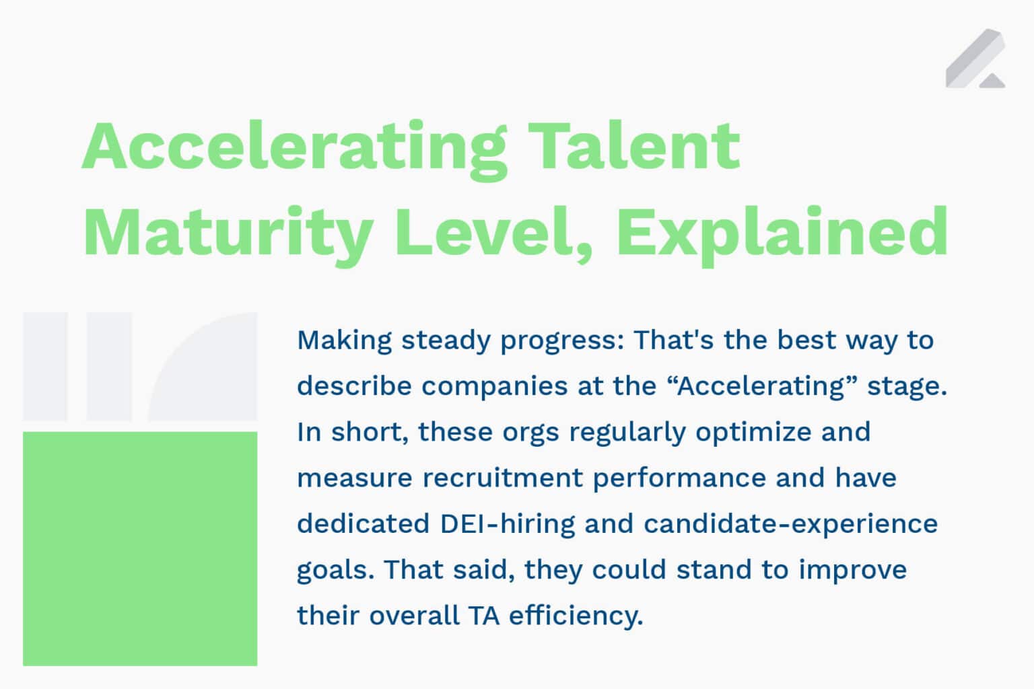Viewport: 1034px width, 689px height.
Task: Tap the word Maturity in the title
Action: [228, 233]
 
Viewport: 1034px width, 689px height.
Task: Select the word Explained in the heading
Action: [782, 233]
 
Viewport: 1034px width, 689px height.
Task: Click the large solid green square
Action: [140, 548]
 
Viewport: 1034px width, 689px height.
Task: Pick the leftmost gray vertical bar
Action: [45, 366]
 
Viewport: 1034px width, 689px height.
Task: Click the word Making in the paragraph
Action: [344, 340]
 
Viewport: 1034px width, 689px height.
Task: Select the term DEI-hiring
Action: [508, 523]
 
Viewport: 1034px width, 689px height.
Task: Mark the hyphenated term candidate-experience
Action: [790, 523]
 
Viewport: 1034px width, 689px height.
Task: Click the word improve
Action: [852, 570]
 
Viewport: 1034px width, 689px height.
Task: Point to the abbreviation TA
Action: [484, 616]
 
